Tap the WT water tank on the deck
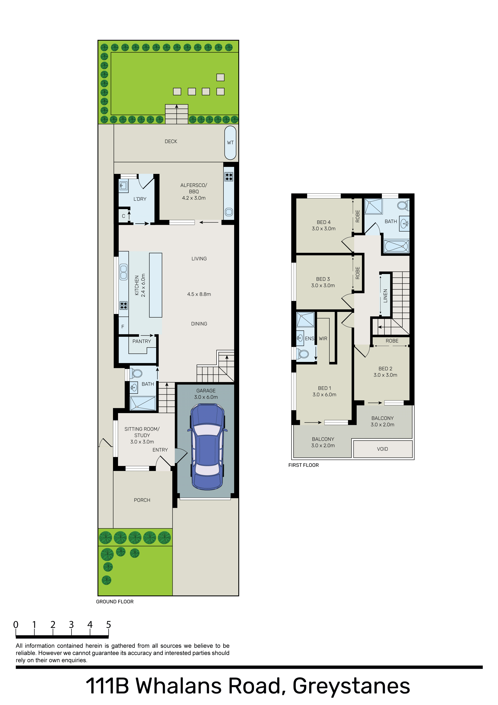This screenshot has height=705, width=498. click(230, 143)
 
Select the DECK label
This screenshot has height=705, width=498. click(171, 142)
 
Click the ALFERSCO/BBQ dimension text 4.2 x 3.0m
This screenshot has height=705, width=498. click(194, 198)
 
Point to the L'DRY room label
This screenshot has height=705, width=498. click(140, 199)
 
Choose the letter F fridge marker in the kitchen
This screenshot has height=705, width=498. click(123, 327)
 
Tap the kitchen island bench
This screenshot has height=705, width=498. click(156, 285)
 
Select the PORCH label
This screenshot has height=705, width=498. click(142, 500)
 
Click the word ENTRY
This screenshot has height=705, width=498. click(160, 450)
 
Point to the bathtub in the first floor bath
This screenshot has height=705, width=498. click(396, 246)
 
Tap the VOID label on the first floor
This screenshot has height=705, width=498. click(382, 449)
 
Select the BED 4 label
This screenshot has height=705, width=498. click(324, 222)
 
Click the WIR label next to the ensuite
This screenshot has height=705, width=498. click(323, 339)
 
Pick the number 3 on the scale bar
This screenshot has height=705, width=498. click(71, 625)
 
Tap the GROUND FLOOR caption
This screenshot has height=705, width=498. click(115, 602)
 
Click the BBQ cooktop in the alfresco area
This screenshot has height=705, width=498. click(229, 176)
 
